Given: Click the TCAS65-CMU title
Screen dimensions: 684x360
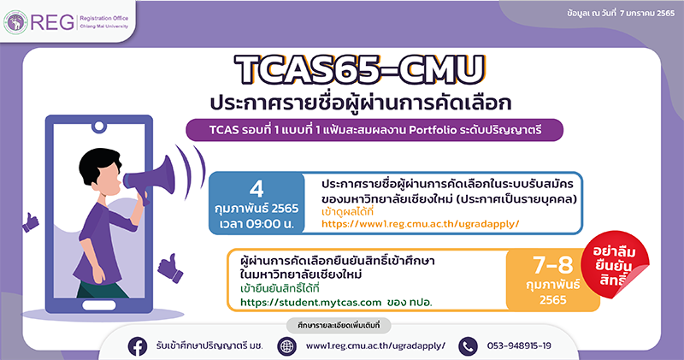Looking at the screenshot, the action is [359, 69].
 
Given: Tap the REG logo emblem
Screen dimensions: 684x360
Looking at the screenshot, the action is [15, 22].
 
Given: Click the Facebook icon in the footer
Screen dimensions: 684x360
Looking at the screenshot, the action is [138, 346].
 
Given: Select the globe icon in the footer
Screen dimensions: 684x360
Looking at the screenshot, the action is [287, 346].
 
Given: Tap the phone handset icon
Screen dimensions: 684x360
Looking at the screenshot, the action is [468, 346].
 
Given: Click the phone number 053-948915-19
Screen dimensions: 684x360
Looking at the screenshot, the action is [519, 346].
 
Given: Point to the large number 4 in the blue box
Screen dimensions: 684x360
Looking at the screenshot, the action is [256, 189].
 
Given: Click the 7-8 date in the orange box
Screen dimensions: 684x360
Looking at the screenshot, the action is [552, 264].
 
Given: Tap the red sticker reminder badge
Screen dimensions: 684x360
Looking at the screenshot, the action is [615, 265].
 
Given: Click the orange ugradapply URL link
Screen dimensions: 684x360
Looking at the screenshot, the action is [420, 224].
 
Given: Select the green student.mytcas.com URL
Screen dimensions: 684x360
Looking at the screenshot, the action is [310, 302].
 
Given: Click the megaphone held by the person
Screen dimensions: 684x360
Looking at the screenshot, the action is [150, 177].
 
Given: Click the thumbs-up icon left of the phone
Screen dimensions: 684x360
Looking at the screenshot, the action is [30, 222].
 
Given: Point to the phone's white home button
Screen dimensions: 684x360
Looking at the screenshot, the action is [99, 305].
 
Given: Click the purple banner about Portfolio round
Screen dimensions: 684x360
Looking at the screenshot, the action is [374, 130].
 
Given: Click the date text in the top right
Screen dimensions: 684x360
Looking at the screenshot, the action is [621, 14].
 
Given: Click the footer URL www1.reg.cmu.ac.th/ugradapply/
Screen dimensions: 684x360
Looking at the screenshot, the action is [375, 346].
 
